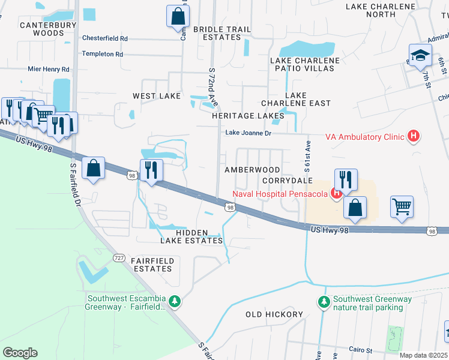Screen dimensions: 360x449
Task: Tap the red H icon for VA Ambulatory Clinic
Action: (413, 137)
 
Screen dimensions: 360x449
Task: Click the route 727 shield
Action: (119, 257)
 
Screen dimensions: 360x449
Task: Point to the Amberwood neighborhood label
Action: (252, 170)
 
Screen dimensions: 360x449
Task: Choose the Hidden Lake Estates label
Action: (191, 236)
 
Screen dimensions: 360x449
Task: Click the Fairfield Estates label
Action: (145, 265)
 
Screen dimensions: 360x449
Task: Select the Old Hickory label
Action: (274, 314)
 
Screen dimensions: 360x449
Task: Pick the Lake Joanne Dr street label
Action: (249, 133)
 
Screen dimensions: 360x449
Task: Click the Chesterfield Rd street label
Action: (105, 38)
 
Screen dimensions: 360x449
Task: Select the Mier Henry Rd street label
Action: (49, 70)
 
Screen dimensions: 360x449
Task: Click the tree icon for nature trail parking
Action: (324, 301)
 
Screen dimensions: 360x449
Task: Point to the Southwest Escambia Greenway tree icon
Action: (175, 301)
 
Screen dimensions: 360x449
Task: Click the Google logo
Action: (20, 352)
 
